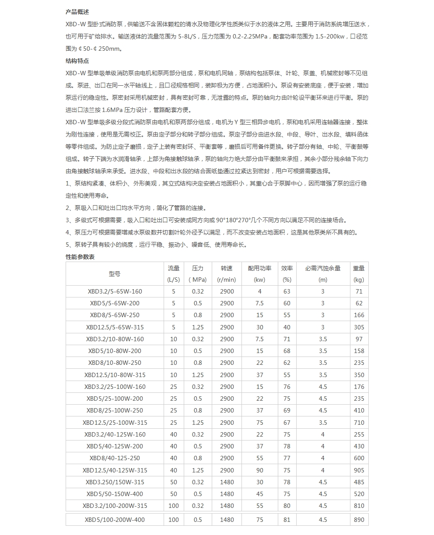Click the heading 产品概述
(77, 11)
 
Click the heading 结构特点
(77, 61)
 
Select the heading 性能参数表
(80, 257)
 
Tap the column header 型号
(115, 274)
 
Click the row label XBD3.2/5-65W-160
(115, 291)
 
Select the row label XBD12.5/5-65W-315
(115, 327)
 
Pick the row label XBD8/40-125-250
(115, 458)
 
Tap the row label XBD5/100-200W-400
(115, 520)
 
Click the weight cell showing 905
(359, 470)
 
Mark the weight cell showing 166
(359, 315)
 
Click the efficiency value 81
(287, 520)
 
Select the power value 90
(259, 470)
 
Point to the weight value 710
(359, 423)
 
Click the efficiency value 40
(287, 327)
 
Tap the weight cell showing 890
(359, 520)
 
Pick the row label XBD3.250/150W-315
(115, 482)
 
